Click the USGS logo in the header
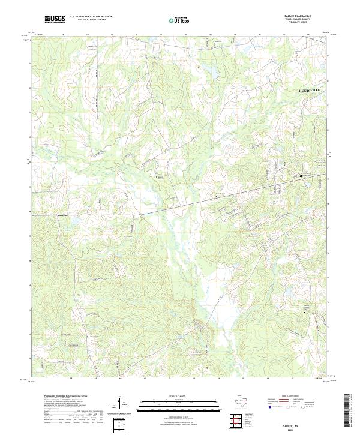pyautogui.click(x=55, y=19)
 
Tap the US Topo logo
pyautogui.click(x=181, y=20)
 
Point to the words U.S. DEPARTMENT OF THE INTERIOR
pyautogui.click(x=91, y=17)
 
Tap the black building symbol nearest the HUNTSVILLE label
pyautogui.click(x=302, y=176)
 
